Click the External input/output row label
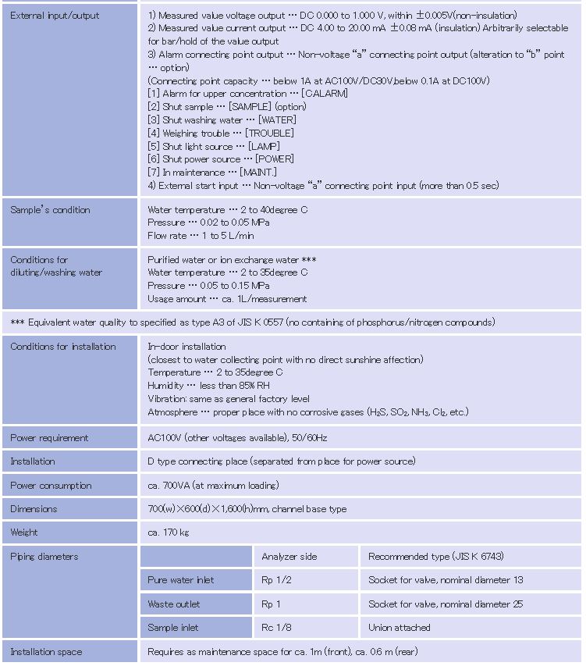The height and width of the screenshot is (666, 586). click(55, 16)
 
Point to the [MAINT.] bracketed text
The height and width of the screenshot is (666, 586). click(258, 173)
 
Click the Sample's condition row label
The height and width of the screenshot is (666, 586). click(50, 210)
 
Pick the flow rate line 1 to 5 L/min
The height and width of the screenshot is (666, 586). click(201, 236)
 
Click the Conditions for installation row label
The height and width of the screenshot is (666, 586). click(63, 347)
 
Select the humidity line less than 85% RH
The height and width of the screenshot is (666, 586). click(208, 386)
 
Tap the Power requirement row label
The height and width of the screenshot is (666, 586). click(49, 438)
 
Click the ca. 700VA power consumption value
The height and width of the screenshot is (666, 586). click(213, 486)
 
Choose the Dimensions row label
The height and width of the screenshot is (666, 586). click(34, 509)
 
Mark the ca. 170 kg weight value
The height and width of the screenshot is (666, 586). click(168, 532)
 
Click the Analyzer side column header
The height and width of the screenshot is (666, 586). click(289, 557)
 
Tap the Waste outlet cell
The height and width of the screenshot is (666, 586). click(173, 604)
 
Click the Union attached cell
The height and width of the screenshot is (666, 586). click(400, 628)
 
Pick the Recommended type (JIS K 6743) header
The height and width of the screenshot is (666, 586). click(435, 557)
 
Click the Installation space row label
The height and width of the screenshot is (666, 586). click(46, 652)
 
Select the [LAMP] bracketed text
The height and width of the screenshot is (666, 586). click(264, 147)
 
